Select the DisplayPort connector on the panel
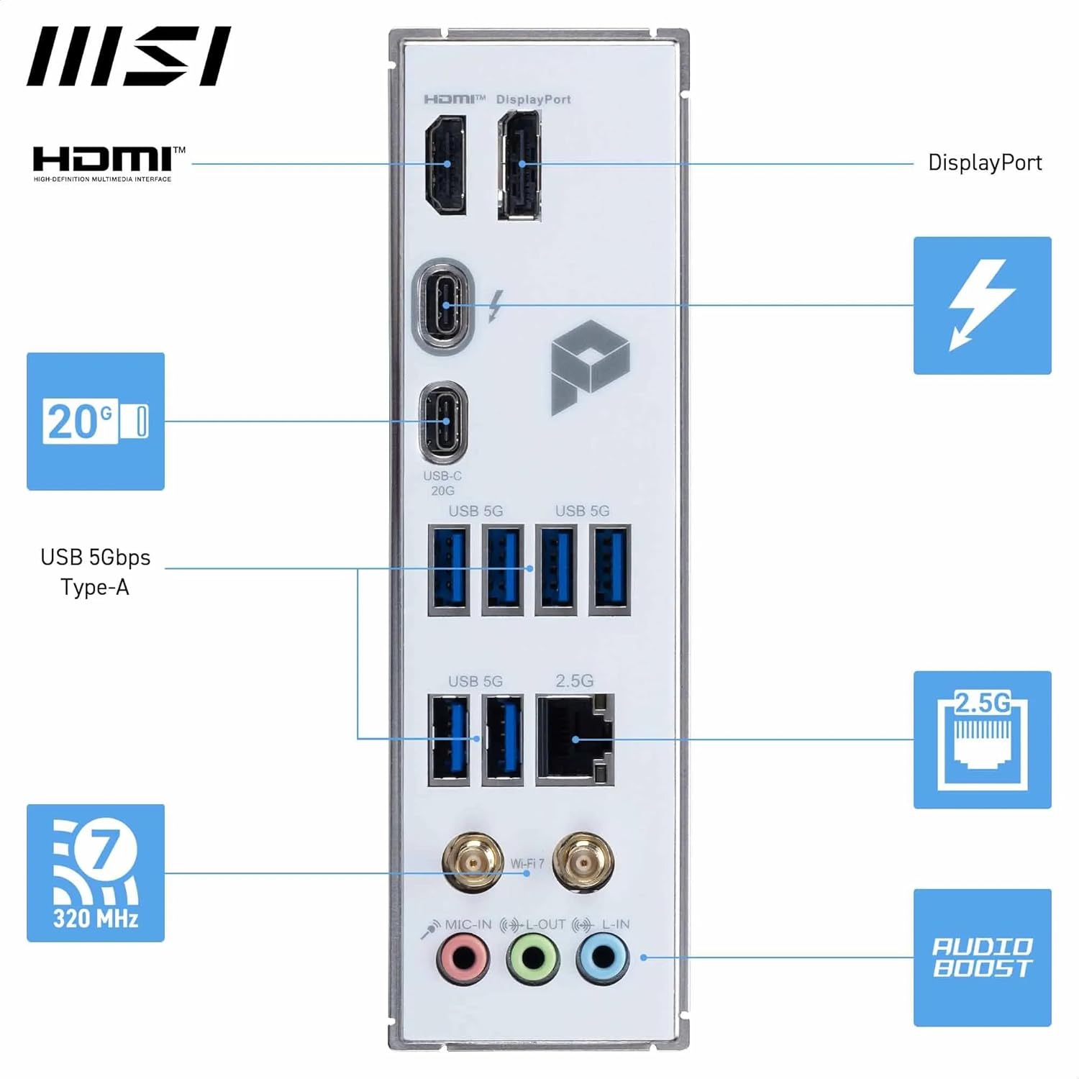pos(520,166)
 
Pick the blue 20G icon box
pos(96,422)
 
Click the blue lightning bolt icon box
pos(982,306)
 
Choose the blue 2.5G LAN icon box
pos(982,739)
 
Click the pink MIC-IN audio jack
pos(463,958)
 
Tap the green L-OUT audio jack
pos(532,958)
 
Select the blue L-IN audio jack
pos(602,958)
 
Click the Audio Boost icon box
pos(982,957)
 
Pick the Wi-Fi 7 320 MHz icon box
pos(96,873)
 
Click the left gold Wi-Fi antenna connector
pos(473,862)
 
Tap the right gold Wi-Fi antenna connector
pos(583,862)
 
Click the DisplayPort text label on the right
pos(985,163)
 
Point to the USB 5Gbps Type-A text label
pos(95,572)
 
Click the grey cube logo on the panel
pos(589,366)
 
